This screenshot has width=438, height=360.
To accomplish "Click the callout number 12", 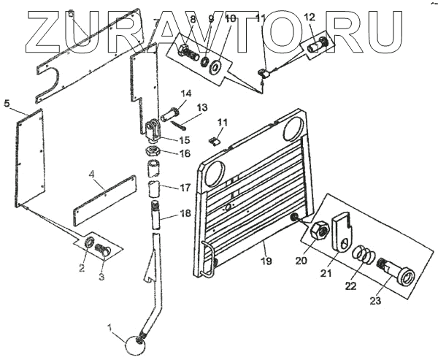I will point(309,16).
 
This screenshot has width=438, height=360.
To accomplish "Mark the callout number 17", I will point(185,187).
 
